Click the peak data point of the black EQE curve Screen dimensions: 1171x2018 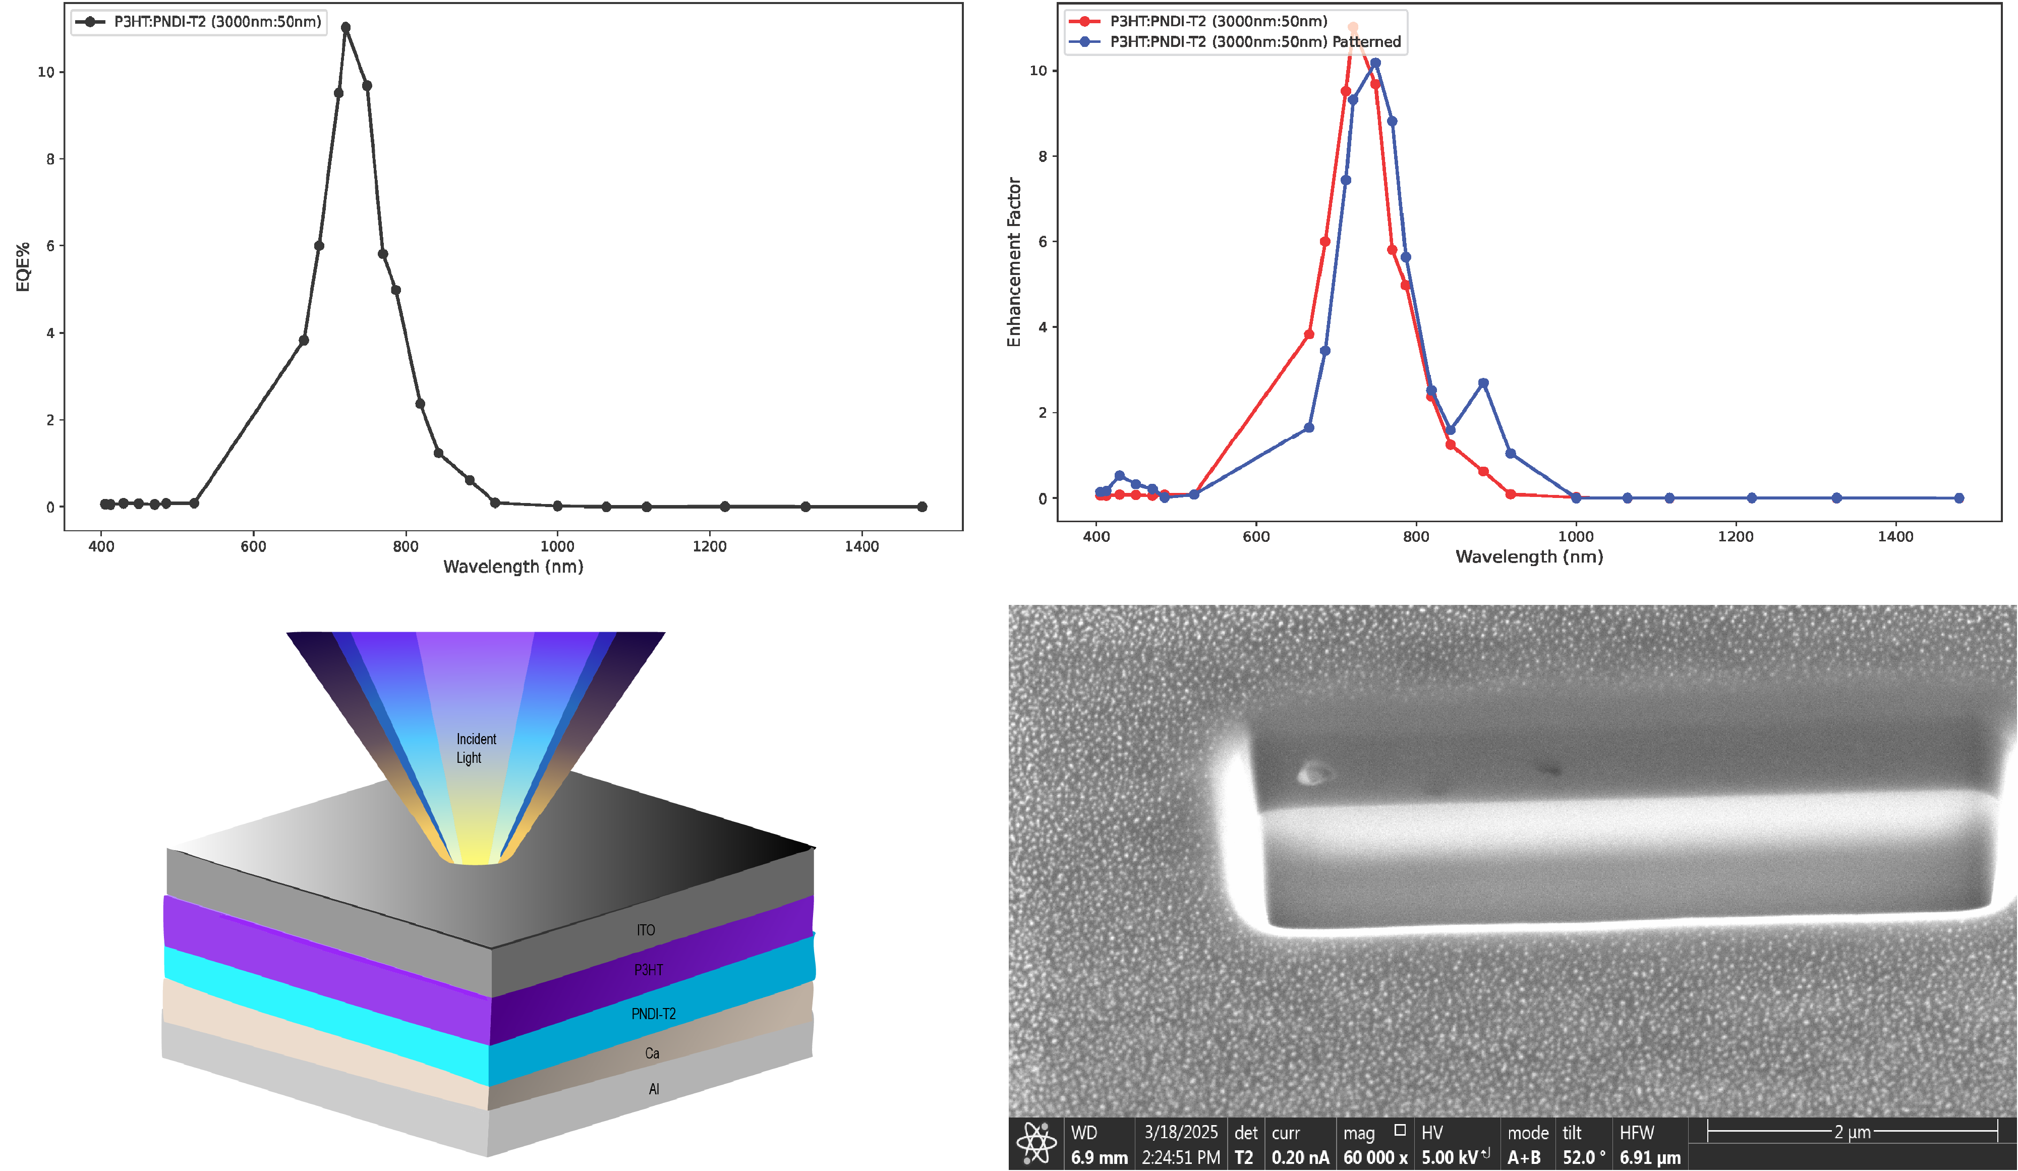click(346, 27)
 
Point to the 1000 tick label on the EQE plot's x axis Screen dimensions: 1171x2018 click(557, 546)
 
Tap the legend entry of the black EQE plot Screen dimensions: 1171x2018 click(200, 22)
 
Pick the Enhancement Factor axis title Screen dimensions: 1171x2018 click(1014, 262)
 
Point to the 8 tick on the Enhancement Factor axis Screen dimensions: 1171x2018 click(1042, 156)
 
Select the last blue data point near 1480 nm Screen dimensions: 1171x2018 click(1959, 498)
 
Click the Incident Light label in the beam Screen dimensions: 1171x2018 click(475, 748)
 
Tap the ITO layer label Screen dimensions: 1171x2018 click(646, 930)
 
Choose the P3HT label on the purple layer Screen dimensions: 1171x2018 click(649, 970)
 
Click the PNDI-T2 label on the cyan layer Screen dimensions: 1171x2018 click(654, 1014)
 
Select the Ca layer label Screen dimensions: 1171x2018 click(652, 1053)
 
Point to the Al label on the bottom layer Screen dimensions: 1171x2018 click(654, 1089)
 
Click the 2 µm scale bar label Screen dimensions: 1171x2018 click(1852, 1132)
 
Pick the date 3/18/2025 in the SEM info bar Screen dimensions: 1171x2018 click(1180, 1132)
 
